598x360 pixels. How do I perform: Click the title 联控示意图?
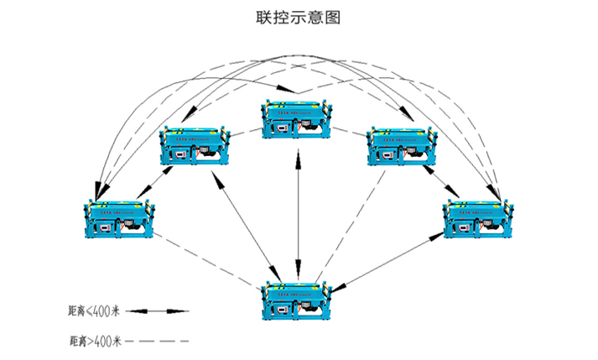point(299,17)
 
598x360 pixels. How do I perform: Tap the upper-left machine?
point(194,145)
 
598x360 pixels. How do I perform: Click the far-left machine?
point(120,220)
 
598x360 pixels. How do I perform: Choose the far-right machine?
point(479,219)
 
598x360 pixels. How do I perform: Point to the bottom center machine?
point(299,300)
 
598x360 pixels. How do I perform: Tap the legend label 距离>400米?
point(95,341)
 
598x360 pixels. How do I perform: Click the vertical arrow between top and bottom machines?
point(299,210)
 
